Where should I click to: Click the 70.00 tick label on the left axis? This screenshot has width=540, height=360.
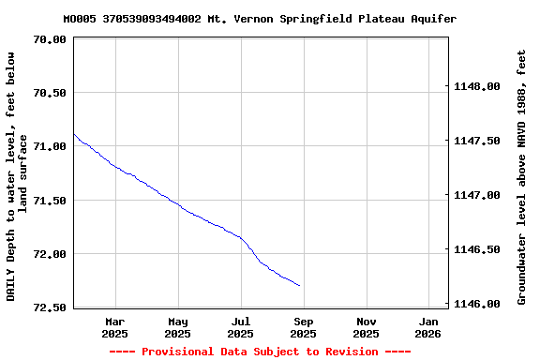tap(50, 39)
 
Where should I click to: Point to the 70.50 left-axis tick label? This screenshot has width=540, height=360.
tap(50, 93)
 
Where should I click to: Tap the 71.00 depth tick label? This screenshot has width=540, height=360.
tap(50, 146)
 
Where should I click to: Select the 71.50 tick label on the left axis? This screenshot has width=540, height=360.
tap(50, 201)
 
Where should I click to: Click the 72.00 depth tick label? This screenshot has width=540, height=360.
tap(50, 254)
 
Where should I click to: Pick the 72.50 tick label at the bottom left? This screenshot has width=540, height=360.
tap(50, 307)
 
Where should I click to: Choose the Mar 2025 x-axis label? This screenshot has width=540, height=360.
tap(114, 327)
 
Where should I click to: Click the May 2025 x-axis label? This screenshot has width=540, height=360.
tap(177, 327)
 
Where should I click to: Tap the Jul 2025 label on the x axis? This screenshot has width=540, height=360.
tap(240, 327)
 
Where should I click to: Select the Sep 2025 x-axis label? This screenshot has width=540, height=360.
tap(303, 327)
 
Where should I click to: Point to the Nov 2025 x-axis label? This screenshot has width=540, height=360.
tap(367, 327)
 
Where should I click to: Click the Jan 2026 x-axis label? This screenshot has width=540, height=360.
tap(428, 327)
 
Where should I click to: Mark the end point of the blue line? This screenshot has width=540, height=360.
tap(300, 285)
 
